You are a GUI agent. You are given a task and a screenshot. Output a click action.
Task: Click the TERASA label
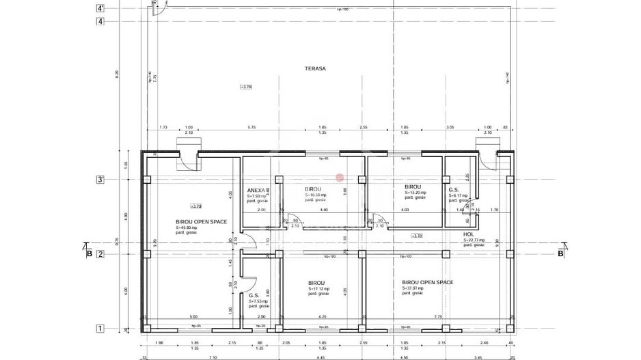tap(316, 69)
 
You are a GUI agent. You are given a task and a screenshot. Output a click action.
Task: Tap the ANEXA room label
tap(256, 190)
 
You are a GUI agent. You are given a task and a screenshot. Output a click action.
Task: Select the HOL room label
tap(468, 234)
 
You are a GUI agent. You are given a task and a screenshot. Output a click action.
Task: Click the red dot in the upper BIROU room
tap(339, 177)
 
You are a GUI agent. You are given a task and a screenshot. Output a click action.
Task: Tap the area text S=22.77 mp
tap(474, 240)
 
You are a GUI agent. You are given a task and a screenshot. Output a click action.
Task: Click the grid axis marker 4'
tap(100, 9)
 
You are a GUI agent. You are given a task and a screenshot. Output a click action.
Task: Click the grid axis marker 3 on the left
tap(100, 180)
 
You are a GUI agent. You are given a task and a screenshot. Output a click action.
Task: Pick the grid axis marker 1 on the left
tap(100, 329)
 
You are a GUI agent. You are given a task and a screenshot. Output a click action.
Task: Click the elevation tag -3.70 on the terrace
tap(247, 87)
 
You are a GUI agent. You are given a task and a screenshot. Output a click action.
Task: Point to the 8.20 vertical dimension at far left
tap(117, 73)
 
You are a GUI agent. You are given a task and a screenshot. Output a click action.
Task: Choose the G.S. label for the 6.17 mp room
tap(453, 189)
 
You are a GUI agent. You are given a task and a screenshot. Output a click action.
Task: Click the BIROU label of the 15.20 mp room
tap(412, 186)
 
